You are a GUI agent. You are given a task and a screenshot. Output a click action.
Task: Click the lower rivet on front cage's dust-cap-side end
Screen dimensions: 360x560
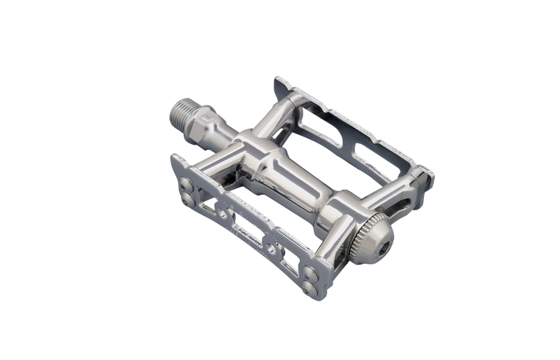pyautogui.click(x=309, y=287)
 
